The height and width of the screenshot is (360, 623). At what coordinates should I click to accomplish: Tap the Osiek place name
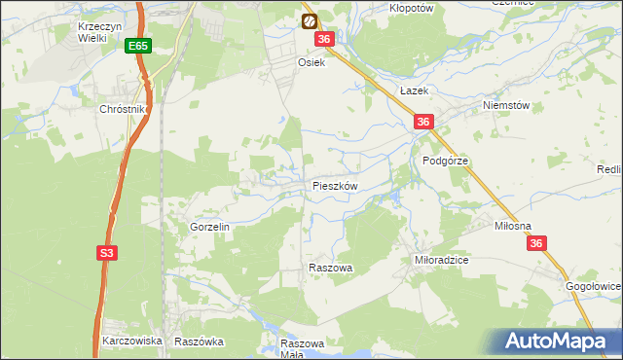coord(310,60)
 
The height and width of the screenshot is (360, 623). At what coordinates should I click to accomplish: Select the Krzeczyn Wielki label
coord(99,32)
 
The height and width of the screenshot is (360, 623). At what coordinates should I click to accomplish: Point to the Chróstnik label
coord(122,110)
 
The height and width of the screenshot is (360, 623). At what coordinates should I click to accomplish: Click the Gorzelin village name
coord(209,227)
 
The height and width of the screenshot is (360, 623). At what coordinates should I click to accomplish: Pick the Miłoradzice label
coord(442,261)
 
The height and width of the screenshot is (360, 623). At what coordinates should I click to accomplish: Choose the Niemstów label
coord(505,106)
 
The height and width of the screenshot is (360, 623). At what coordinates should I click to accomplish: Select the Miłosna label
coord(513,226)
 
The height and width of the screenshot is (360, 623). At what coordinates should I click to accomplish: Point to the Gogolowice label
coord(594,287)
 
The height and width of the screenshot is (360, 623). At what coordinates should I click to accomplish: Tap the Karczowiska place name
coord(131,342)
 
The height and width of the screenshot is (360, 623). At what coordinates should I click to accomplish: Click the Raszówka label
coord(199,342)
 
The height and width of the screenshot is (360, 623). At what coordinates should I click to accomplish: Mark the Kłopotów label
coord(411,6)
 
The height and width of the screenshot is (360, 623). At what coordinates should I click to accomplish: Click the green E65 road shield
coord(138,46)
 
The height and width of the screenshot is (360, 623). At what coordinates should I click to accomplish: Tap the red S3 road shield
coord(107,253)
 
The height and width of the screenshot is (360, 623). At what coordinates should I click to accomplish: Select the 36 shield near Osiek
coord(325,39)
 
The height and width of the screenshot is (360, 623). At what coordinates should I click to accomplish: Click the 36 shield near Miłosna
coord(537,248)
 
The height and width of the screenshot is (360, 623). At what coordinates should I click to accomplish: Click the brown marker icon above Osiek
coord(309,20)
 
